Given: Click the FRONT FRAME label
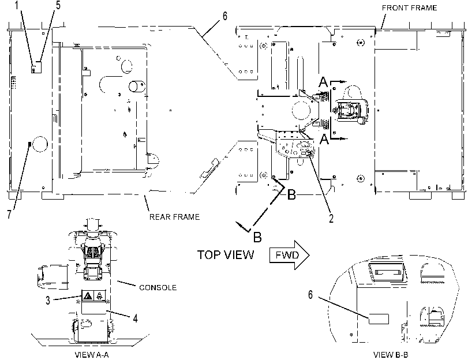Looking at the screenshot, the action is (409, 7).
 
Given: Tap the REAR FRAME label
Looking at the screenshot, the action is (174, 217).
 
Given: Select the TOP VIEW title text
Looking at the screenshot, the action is (226, 255).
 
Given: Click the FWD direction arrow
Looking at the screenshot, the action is (289, 255).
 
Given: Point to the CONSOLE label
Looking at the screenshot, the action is (158, 287).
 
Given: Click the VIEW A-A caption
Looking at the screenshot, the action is (92, 355).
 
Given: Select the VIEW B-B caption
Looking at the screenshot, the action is (391, 355).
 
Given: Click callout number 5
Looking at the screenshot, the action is (58, 5).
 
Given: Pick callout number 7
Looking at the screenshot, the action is (9, 214).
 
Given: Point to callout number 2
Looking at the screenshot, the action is (331, 219).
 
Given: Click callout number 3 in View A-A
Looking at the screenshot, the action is (48, 301).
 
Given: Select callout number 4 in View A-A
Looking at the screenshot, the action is (135, 318).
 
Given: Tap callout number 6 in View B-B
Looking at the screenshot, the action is (310, 295).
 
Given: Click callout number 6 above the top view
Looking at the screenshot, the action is (224, 16).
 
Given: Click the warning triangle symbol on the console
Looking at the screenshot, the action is (88, 296).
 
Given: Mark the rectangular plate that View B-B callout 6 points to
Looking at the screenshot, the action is (379, 319).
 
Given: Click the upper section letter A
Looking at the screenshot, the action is (323, 82).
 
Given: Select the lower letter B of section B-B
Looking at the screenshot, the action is (257, 237).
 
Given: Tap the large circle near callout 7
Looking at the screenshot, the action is (40, 144).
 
